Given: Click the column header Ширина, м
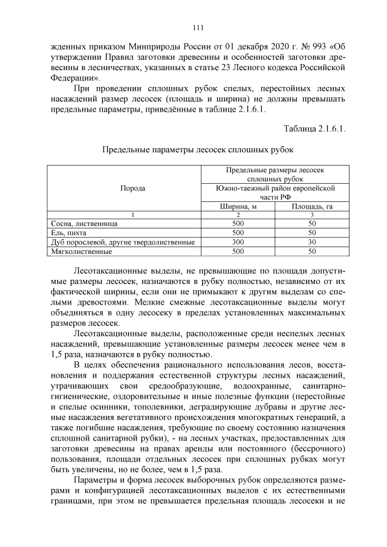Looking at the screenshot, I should [x=238, y=206].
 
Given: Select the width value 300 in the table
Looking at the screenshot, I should [x=238, y=242].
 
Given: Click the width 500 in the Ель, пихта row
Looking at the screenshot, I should [x=238, y=233].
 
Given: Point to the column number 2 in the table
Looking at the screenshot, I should [x=238, y=215].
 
